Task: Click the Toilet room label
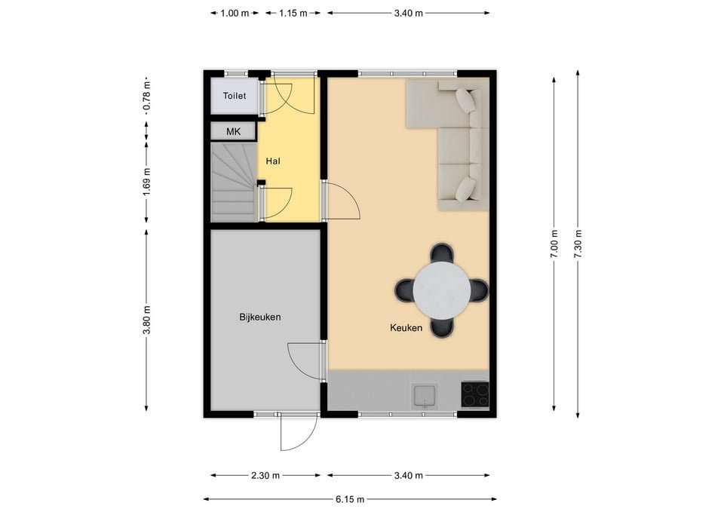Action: [235, 97]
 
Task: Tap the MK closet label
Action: [233, 132]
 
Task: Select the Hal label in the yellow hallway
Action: [273, 161]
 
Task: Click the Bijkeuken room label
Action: [259, 317]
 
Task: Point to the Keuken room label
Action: [406, 328]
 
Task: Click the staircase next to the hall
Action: [233, 183]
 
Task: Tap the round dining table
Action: [443, 290]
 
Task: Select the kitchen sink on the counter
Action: [425, 394]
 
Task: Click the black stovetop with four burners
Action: [475, 394]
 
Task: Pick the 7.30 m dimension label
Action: [578, 244]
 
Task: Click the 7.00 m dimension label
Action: [554, 244]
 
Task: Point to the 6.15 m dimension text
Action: [349, 499]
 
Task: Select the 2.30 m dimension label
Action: [265, 476]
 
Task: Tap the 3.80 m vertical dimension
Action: [146, 320]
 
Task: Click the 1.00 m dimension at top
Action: [235, 13]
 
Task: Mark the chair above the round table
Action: [442, 254]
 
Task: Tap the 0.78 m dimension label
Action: [146, 97]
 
